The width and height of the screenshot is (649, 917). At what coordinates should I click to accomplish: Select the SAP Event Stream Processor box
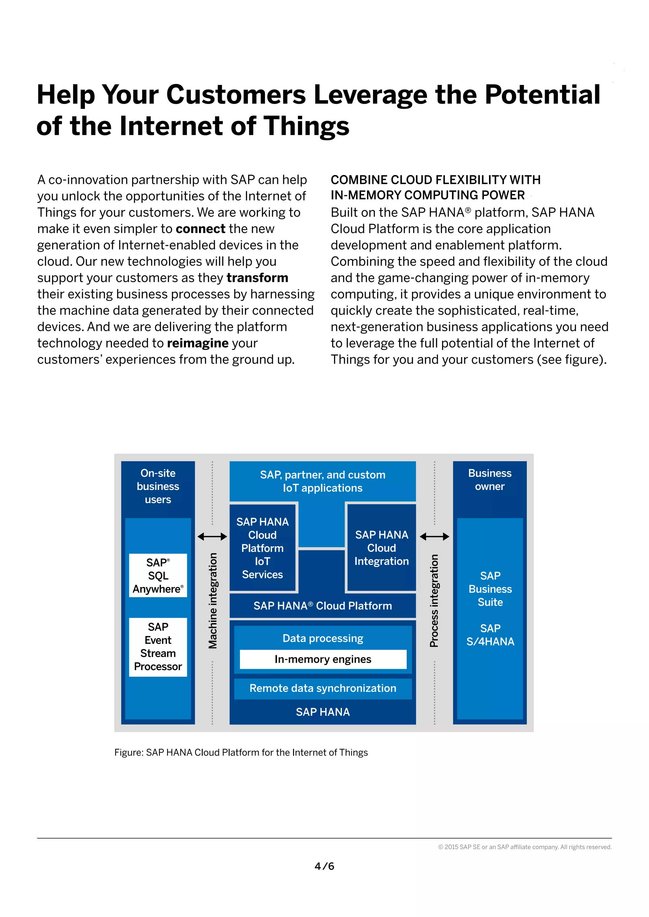[158, 647]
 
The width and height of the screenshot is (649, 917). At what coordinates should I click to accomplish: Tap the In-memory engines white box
[323, 659]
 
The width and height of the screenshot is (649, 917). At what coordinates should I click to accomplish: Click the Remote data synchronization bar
[323, 688]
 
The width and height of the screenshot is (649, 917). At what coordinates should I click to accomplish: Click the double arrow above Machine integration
[212, 536]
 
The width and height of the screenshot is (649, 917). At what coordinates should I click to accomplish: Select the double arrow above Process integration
[434, 536]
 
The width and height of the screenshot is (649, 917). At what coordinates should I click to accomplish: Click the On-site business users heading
[158, 486]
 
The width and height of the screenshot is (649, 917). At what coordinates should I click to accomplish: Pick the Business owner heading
[490, 480]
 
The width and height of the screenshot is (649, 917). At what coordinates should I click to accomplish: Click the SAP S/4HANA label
[490, 635]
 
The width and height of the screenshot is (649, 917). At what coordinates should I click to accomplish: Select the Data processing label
[323, 638]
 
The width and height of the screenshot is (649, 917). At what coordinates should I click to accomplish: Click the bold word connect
[201, 229]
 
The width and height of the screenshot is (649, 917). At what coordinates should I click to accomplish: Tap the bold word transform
[257, 278]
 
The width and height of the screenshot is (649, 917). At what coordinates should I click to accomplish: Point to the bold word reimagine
[198, 343]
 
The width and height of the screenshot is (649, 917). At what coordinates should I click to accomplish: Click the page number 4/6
[324, 866]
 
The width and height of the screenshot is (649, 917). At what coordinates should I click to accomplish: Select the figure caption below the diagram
[241, 752]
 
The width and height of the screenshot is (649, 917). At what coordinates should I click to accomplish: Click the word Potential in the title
[542, 95]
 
